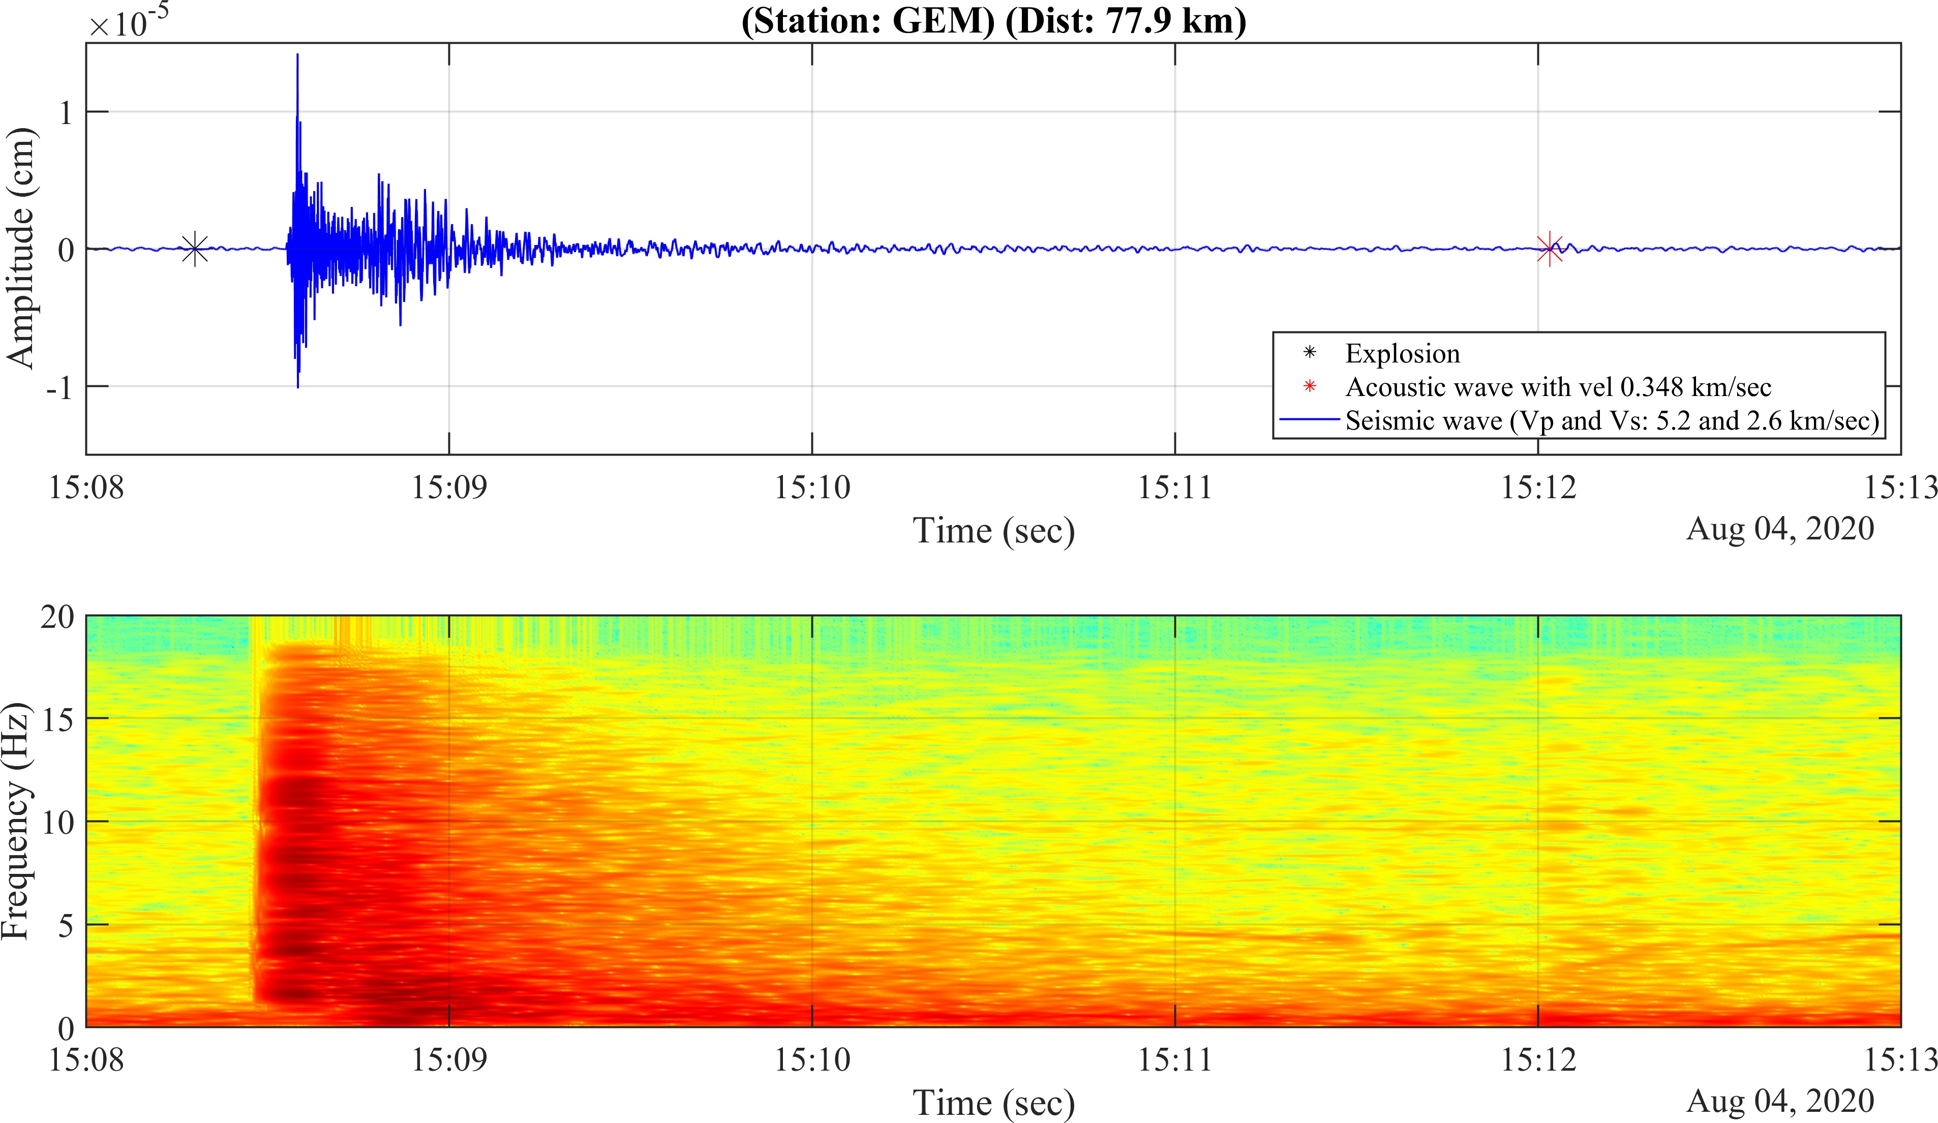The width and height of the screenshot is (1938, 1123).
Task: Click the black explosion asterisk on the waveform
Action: point(195,249)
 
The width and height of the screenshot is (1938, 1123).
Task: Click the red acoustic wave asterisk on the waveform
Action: point(1549,249)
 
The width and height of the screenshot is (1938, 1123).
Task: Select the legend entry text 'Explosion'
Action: point(1402,354)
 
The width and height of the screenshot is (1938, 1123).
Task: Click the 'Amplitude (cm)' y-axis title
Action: point(21,249)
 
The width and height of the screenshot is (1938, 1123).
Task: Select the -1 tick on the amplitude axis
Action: point(58,388)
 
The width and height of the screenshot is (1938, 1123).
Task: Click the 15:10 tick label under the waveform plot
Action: point(812,488)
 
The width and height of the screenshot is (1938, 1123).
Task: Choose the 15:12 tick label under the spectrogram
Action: point(1538,1060)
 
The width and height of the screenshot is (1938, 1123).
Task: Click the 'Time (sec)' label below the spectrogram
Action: point(993,1103)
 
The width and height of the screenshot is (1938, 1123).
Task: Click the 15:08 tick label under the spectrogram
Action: point(86,1060)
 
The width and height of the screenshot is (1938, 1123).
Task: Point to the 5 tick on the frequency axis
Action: point(66,925)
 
